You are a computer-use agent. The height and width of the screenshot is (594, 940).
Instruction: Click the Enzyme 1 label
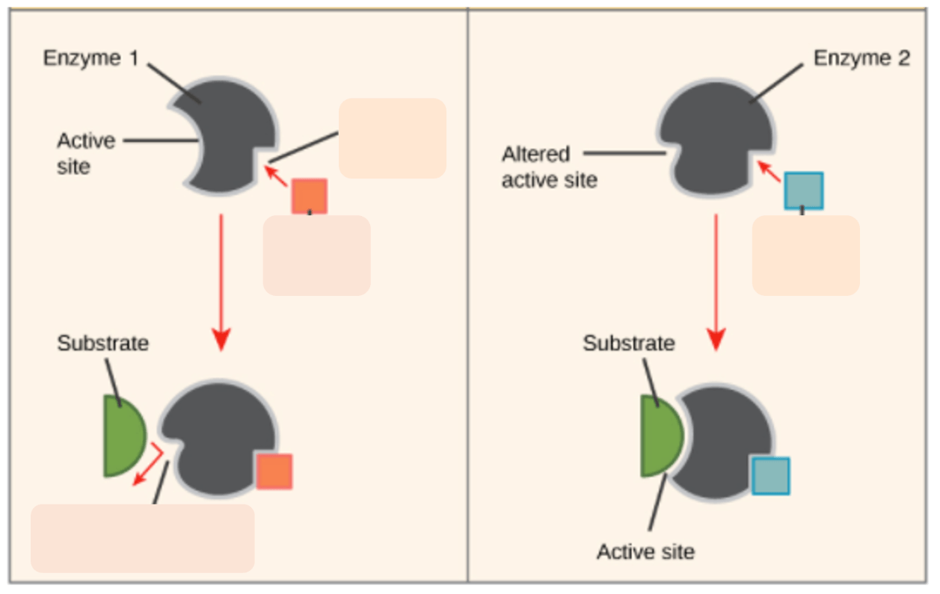(x=90, y=58)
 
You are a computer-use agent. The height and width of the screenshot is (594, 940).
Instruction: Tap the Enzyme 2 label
(x=861, y=58)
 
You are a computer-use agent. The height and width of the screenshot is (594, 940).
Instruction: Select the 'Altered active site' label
(x=549, y=167)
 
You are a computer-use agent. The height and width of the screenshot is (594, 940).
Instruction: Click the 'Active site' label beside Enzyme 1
(x=86, y=153)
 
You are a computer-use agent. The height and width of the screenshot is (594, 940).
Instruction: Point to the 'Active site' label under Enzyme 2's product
(x=645, y=552)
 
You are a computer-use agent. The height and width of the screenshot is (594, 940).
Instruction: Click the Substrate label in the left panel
(x=102, y=343)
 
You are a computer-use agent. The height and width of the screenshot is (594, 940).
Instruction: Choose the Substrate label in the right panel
(x=628, y=343)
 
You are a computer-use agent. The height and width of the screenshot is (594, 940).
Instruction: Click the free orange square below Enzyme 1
(x=309, y=197)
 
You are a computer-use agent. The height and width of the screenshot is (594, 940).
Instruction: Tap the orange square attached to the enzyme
(x=274, y=471)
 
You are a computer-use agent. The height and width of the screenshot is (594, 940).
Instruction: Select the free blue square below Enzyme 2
(x=803, y=191)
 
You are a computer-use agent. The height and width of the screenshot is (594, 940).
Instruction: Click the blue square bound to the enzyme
(x=770, y=476)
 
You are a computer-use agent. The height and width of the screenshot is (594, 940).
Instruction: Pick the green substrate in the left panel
(x=122, y=436)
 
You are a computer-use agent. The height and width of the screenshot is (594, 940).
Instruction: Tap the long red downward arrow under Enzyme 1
(x=220, y=284)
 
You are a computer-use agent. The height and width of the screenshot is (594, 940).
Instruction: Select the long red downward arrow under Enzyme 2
(x=716, y=284)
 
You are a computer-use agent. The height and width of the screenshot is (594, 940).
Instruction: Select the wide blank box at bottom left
(x=142, y=538)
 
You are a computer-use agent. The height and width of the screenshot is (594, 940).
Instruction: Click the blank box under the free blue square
(x=805, y=256)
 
